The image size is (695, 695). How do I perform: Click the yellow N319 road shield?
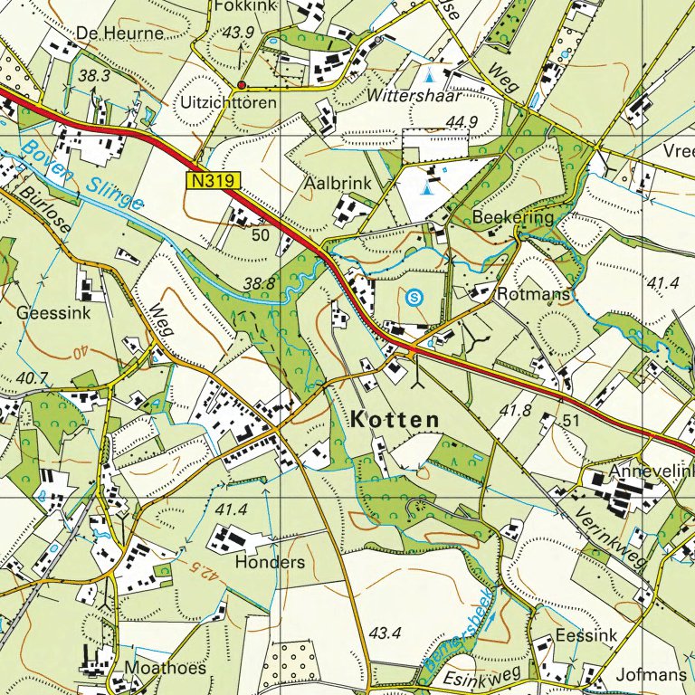215,181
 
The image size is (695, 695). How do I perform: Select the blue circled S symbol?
414,295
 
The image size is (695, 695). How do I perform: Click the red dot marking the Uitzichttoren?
242,85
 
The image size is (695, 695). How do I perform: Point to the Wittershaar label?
414,95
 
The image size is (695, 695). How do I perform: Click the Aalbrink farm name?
338,184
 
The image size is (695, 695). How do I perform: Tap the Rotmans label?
534,295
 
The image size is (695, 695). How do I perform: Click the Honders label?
270,562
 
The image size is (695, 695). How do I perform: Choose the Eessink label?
586,635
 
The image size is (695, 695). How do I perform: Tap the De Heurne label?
120,33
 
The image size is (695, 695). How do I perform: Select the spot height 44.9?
461,122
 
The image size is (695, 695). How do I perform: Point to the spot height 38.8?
260,283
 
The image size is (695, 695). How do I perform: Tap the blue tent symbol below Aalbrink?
428,187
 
